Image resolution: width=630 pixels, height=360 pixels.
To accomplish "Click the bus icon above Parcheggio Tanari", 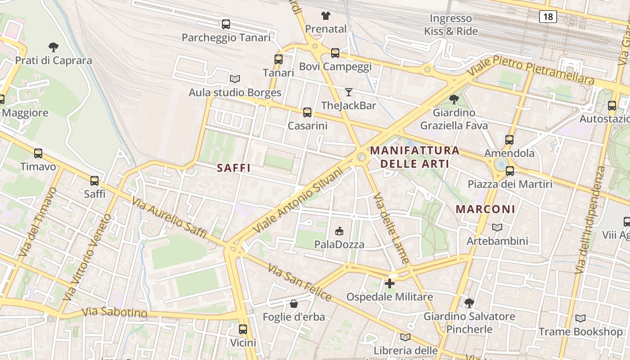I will [x=226, y=24].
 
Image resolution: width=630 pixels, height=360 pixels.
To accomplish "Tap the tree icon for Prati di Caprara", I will [x=54, y=47].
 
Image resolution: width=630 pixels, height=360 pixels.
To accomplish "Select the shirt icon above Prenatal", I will [x=326, y=16].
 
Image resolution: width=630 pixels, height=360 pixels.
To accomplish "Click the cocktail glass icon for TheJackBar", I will [x=349, y=92].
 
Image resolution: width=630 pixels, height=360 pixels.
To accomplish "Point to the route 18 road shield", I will [x=548, y=17].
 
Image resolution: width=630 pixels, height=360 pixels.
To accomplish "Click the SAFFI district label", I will [x=234, y=168].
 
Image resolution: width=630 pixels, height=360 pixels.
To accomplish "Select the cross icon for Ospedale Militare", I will [x=390, y=283].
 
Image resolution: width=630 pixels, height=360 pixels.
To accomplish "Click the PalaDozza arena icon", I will [x=339, y=231].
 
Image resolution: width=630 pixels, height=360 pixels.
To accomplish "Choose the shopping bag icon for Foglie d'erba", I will [x=294, y=304].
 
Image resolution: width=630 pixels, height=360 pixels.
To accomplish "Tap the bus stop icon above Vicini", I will [x=243, y=329].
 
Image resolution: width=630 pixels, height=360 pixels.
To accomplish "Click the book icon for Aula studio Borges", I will [x=235, y=79].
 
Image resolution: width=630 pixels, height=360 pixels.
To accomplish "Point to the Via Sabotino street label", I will [x=114, y=312].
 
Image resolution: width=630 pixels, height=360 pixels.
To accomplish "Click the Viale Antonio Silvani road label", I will [x=295, y=198].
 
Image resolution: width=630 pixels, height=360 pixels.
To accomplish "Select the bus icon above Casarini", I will [x=307, y=112].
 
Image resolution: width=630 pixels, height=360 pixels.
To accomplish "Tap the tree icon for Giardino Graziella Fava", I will [x=454, y=99].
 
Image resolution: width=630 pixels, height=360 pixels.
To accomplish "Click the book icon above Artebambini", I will [x=497, y=228].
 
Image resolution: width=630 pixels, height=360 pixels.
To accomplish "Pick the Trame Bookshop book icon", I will [x=580, y=319].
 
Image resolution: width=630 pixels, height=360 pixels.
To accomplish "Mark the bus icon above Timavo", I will [x=38, y=153].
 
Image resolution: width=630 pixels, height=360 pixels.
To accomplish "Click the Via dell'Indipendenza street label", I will [x=590, y=220].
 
